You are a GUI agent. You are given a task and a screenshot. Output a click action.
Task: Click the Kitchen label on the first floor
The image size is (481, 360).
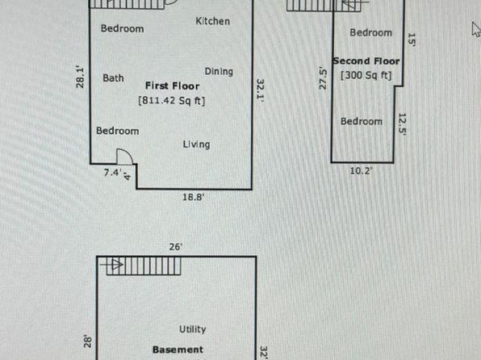click(x=212, y=21)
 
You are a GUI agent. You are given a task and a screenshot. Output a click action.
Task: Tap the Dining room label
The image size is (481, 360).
click(x=219, y=72)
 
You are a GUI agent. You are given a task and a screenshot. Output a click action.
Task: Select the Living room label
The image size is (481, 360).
click(x=196, y=144)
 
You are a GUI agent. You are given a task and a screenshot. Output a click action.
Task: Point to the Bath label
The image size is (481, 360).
click(x=113, y=78)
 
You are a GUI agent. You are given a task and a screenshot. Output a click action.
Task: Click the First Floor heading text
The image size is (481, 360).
click(x=172, y=86)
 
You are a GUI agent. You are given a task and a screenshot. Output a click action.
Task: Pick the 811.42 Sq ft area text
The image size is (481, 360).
click(x=171, y=100)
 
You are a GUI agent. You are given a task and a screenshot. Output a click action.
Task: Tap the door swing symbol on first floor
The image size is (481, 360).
click(x=125, y=157)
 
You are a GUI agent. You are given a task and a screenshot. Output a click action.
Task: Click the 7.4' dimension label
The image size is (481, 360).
click(x=112, y=173)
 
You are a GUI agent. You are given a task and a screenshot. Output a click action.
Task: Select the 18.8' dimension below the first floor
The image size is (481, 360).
click(x=193, y=197)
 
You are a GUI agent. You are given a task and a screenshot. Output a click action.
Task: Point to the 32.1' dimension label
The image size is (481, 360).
click(x=260, y=90)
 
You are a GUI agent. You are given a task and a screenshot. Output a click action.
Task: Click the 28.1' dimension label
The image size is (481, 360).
click(x=80, y=77)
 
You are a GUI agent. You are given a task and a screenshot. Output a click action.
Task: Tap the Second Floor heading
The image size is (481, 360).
click(x=366, y=61)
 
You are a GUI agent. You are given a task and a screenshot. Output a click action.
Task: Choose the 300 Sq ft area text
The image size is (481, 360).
click(x=366, y=75)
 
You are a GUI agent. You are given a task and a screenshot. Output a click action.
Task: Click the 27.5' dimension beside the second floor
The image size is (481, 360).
click(x=323, y=78)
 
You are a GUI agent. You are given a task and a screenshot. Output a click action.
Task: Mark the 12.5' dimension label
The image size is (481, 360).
click(x=402, y=124)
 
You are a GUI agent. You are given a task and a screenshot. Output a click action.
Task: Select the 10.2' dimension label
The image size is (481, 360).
click(x=361, y=170)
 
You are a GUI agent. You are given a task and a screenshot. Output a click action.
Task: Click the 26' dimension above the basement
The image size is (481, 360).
click(x=176, y=247)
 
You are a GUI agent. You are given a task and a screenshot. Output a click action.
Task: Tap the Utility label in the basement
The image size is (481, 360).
click(x=192, y=329)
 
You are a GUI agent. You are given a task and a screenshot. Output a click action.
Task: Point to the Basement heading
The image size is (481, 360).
click(x=178, y=350)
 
